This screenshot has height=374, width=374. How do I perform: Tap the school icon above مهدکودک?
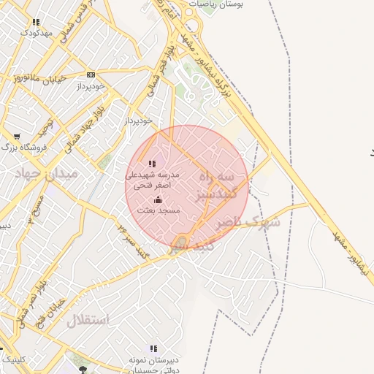(37, 23)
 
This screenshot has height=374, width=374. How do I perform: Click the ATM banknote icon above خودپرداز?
(91, 75)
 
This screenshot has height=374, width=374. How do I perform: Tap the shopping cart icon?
(17, 137)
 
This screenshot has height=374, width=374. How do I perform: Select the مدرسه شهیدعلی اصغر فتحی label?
(152, 180)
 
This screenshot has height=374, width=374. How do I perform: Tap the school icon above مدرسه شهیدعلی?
(152, 164)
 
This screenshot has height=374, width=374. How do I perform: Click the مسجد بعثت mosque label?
(158, 210)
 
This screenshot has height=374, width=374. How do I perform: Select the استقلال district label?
(88, 320)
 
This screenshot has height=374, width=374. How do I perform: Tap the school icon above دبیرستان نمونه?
(153, 349)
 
